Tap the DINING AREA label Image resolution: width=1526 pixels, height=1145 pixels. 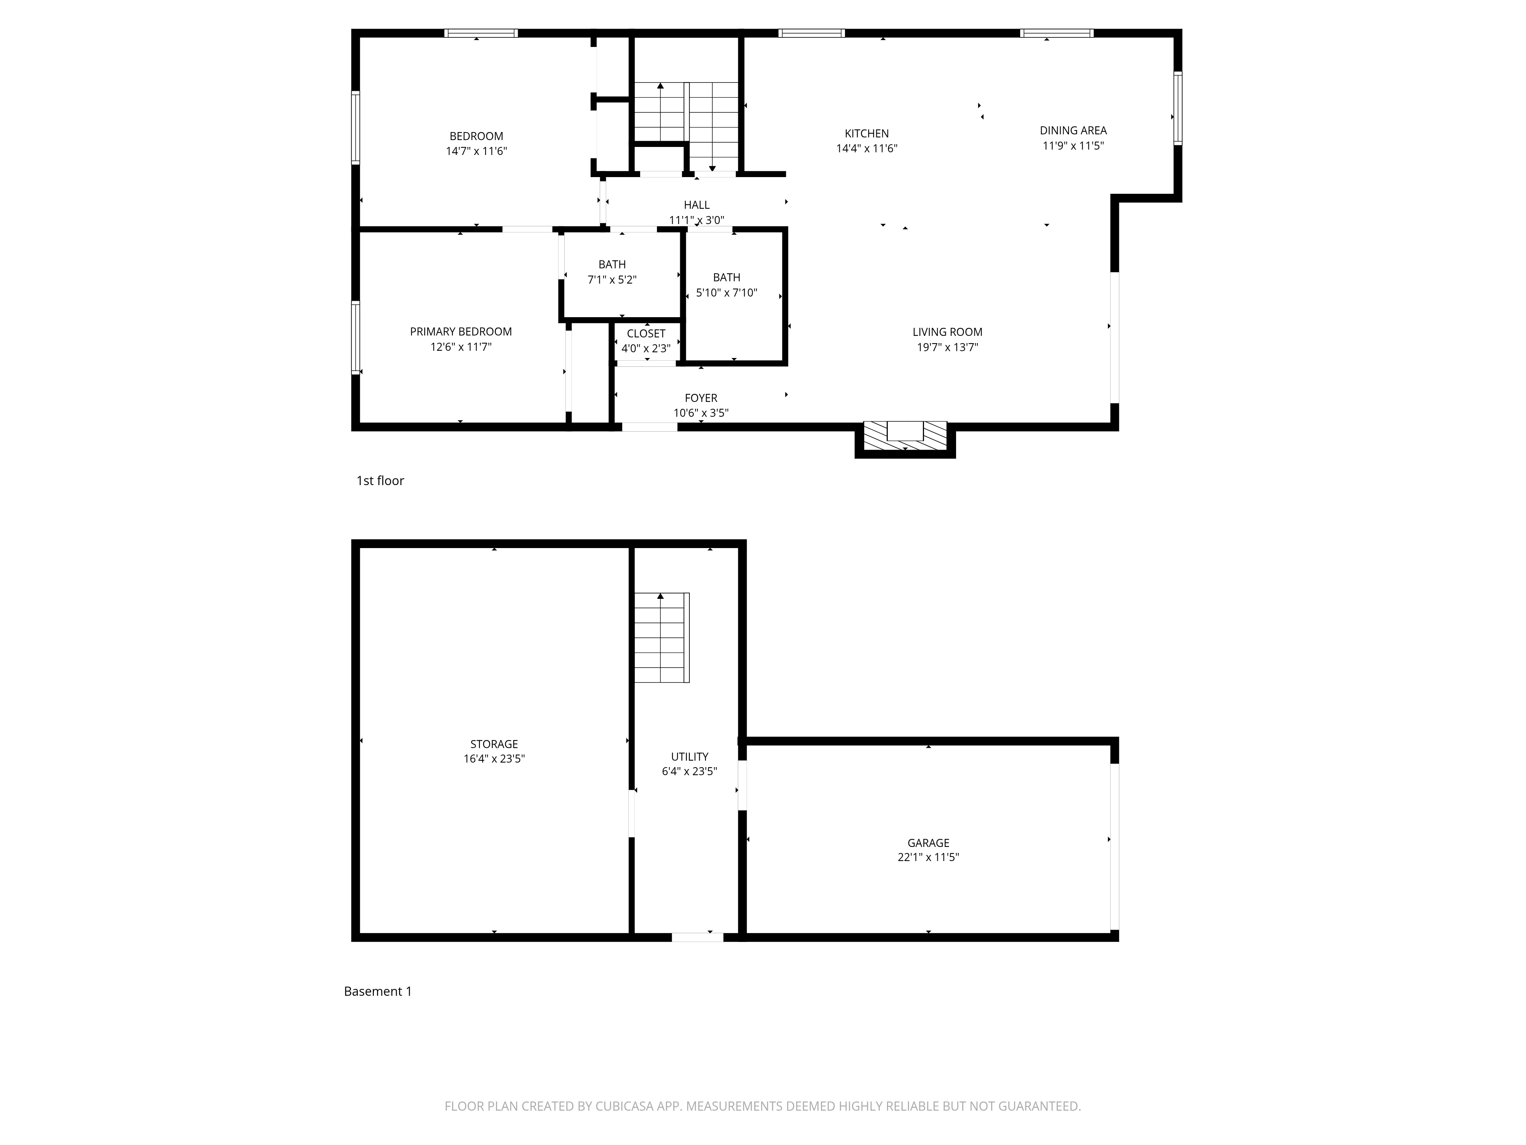[1073, 131]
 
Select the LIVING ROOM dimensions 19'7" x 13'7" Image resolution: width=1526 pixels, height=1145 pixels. [947, 348]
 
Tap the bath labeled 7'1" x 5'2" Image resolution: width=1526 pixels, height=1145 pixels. [612, 272]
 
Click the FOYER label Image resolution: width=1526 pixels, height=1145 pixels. [701, 398]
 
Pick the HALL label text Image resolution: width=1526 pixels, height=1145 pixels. [697, 205]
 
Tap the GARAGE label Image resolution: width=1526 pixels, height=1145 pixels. [928, 843]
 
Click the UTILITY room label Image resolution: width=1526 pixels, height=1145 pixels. [689, 756]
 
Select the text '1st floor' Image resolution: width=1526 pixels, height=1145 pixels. [380, 481]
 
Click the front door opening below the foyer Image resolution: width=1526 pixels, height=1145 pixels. [650, 427]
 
